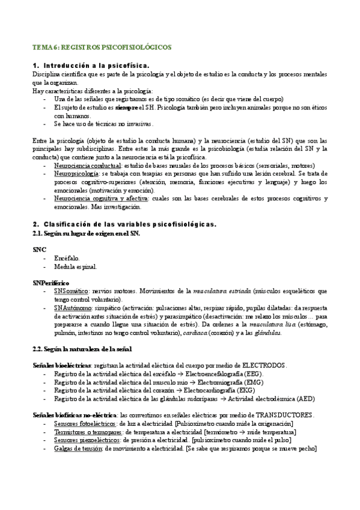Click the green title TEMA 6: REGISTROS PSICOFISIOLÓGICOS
point(102,47)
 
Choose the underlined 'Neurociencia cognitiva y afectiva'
point(100,198)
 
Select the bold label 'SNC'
point(39,248)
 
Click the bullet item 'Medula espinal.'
point(75,266)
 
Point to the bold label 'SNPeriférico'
point(51,282)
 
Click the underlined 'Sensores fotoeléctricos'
point(85,423)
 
